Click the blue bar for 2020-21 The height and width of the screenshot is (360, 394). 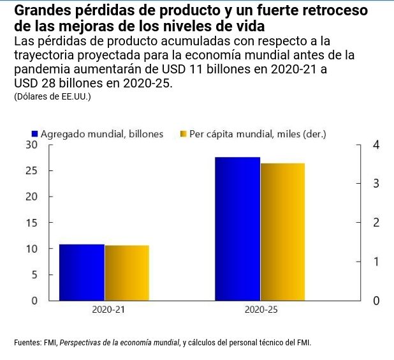tap(82, 272)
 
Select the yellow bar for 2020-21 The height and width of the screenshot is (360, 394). tap(127, 273)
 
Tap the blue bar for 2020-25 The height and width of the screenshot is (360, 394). tap(237, 229)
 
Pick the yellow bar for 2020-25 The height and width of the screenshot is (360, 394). tap(282, 232)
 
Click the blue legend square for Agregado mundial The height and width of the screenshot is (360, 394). tap(36, 134)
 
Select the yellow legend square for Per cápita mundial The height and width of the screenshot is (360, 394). tap(184, 134)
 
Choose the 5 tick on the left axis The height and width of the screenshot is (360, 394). tap(34, 274)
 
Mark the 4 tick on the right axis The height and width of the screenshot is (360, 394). tap(376, 145)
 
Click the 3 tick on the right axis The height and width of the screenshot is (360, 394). tap(376, 184)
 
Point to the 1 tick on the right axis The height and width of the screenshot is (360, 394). tap(376, 262)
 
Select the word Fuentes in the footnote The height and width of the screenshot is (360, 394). tap(27, 343)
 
